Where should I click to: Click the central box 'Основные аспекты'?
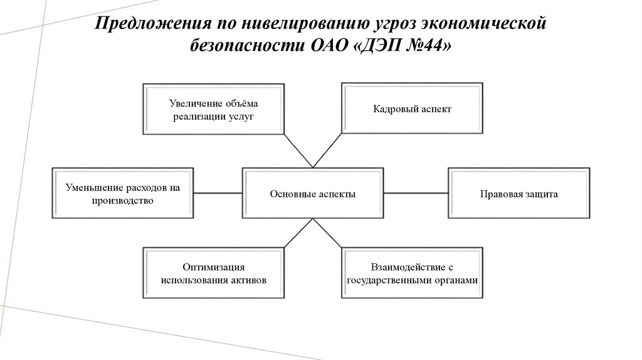(313, 193)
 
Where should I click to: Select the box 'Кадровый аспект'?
(412, 108)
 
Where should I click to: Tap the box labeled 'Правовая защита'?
(518, 193)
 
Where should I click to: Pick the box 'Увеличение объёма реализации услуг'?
(213, 109)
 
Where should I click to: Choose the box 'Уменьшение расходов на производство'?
(122, 193)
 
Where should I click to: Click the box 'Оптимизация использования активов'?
(213, 273)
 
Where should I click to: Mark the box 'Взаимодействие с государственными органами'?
(412, 273)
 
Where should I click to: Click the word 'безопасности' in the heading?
(246, 45)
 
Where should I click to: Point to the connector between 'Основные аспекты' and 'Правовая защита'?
(416, 193)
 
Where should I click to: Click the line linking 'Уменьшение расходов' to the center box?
(218, 193)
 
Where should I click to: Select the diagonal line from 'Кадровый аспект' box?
(327, 151)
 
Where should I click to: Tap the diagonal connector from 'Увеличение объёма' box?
(298, 151)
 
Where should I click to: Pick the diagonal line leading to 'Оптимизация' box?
(298, 233)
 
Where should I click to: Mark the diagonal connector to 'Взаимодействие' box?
(327, 233)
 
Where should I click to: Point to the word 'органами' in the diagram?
(458, 280)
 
